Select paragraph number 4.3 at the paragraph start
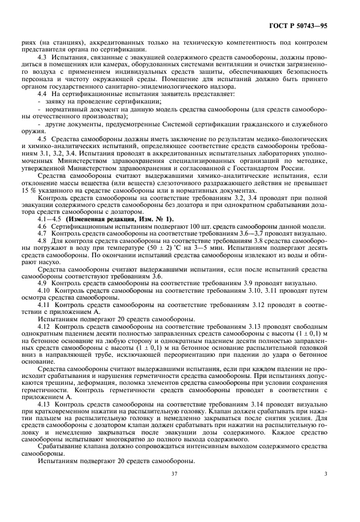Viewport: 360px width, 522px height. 42,58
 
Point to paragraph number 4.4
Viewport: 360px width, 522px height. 42,93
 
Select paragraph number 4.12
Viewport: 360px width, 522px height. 43,324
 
